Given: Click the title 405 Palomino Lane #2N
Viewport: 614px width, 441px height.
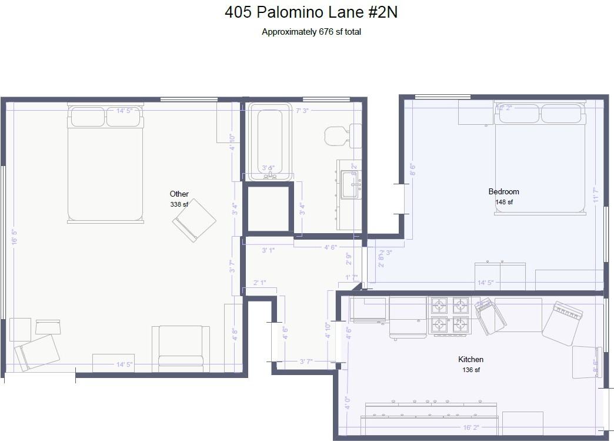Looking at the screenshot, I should pos(311,12).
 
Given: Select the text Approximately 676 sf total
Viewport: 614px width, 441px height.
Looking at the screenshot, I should pos(311,32).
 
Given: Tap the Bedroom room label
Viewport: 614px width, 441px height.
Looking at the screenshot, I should pos(503,191).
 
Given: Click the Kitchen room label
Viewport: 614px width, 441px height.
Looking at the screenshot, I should pos(470,359).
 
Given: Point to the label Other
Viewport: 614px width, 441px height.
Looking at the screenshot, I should pos(179,194).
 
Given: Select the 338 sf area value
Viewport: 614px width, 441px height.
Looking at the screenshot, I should pos(179,204).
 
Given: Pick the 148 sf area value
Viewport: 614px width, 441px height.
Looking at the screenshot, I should pos(503,202).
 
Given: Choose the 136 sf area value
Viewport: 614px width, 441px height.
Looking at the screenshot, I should pos(470,370).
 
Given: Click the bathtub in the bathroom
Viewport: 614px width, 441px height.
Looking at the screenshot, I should pos(269,141).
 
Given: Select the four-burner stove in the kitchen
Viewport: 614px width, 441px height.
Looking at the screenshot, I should pos(449,315).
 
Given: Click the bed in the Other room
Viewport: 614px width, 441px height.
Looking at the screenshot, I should pos(105,165).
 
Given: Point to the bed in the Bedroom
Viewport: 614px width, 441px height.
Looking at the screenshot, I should pos(540,159).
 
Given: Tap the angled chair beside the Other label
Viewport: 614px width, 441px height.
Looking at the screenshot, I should pos(194,220).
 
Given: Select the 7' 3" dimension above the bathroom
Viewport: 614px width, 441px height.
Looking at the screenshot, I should pos(302,111).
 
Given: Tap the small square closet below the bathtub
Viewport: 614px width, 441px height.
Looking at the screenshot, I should pos(268,209).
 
